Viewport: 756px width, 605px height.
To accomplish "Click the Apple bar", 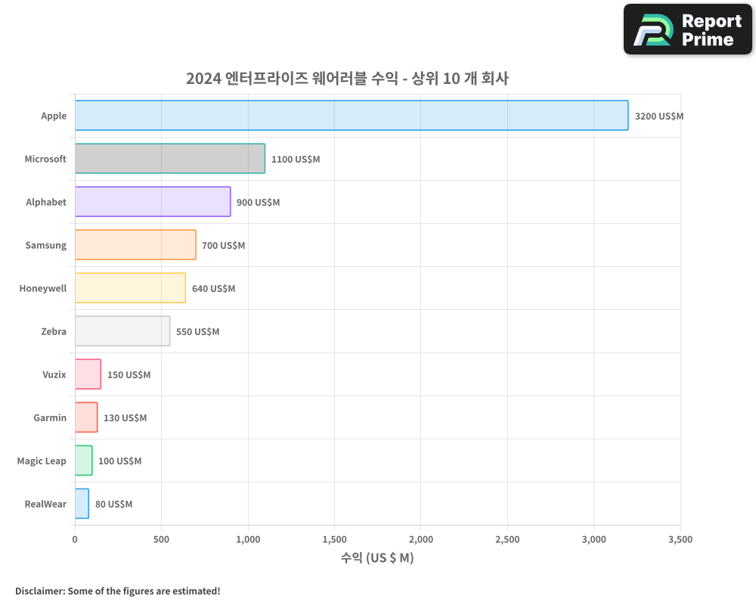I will [x=352, y=116].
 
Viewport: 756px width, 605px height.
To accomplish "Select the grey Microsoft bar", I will [x=170, y=159].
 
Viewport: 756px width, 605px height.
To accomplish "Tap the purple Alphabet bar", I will [x=153, y=202].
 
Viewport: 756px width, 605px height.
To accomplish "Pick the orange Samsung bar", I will [x=135, y=245].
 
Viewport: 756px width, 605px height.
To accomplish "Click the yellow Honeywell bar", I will [x=130, y=288].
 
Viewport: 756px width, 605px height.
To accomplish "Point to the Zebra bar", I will [x=122, y=331].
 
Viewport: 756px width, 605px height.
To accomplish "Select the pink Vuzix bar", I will [x=88, y=374].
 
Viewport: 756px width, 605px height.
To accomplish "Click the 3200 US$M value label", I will [x=658, y=116].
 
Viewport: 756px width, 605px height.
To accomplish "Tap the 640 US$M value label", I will [x=213, y=289].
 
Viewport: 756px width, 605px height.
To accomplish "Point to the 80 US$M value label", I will [x=113, y=504].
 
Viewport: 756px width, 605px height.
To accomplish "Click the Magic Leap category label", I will [x=42, y=461].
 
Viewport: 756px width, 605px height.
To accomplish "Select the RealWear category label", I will [x=45, y=504].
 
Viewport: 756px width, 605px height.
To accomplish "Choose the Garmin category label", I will [x=50, y=418].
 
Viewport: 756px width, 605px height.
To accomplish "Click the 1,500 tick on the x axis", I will [x=334, y=540].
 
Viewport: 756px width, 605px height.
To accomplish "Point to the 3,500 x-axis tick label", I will [x=680, y=540].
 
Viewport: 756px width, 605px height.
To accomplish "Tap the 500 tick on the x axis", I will [x=161, y=540].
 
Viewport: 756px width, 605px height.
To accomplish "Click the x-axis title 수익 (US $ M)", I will [x=377, y=558].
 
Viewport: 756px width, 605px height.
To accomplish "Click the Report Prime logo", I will [x=687, y=29].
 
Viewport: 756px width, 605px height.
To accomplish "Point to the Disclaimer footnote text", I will [x=118, y=591].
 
